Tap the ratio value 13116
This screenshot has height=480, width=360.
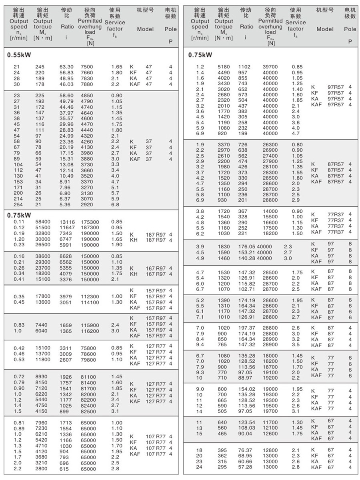(67, 221)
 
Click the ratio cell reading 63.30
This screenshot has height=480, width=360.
(66, 67)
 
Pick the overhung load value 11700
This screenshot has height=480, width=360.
(270, 422)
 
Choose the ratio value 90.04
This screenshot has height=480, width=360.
(246, 434)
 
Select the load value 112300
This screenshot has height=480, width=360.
(90, 296)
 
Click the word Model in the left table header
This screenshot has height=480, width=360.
(145, 29)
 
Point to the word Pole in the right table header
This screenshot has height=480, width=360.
(350, 29)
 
